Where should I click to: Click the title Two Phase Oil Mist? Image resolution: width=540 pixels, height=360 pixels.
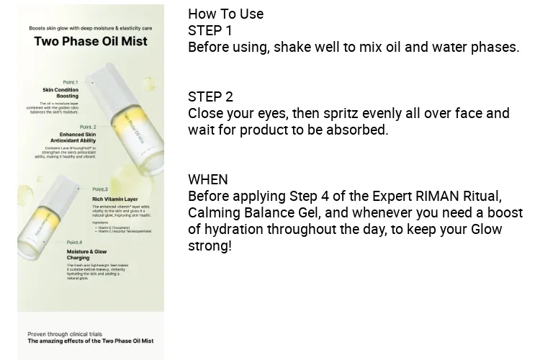pyautogui.click(x=90, y=41)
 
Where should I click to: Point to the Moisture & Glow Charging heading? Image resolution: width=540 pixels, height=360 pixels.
pyautogui.click(x=87, y=253)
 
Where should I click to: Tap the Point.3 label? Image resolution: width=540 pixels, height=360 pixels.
pyautogui.click(x=99, y=189)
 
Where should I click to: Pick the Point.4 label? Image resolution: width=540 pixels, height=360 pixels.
pyautogui.click(x=74, y=242)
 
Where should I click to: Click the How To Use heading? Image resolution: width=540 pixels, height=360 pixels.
pyautogui.click(x=225, y=14)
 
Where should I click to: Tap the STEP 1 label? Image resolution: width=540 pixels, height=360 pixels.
pyautogui.click(x=210, y=30)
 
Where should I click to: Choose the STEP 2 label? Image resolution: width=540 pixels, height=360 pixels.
pyautogui.click(x=210, y=96)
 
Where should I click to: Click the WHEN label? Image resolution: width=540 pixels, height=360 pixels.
pyautogui.click(x=207, y=179)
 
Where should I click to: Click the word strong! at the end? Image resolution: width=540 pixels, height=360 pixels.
pyautogui.click(x=210, y=246)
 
